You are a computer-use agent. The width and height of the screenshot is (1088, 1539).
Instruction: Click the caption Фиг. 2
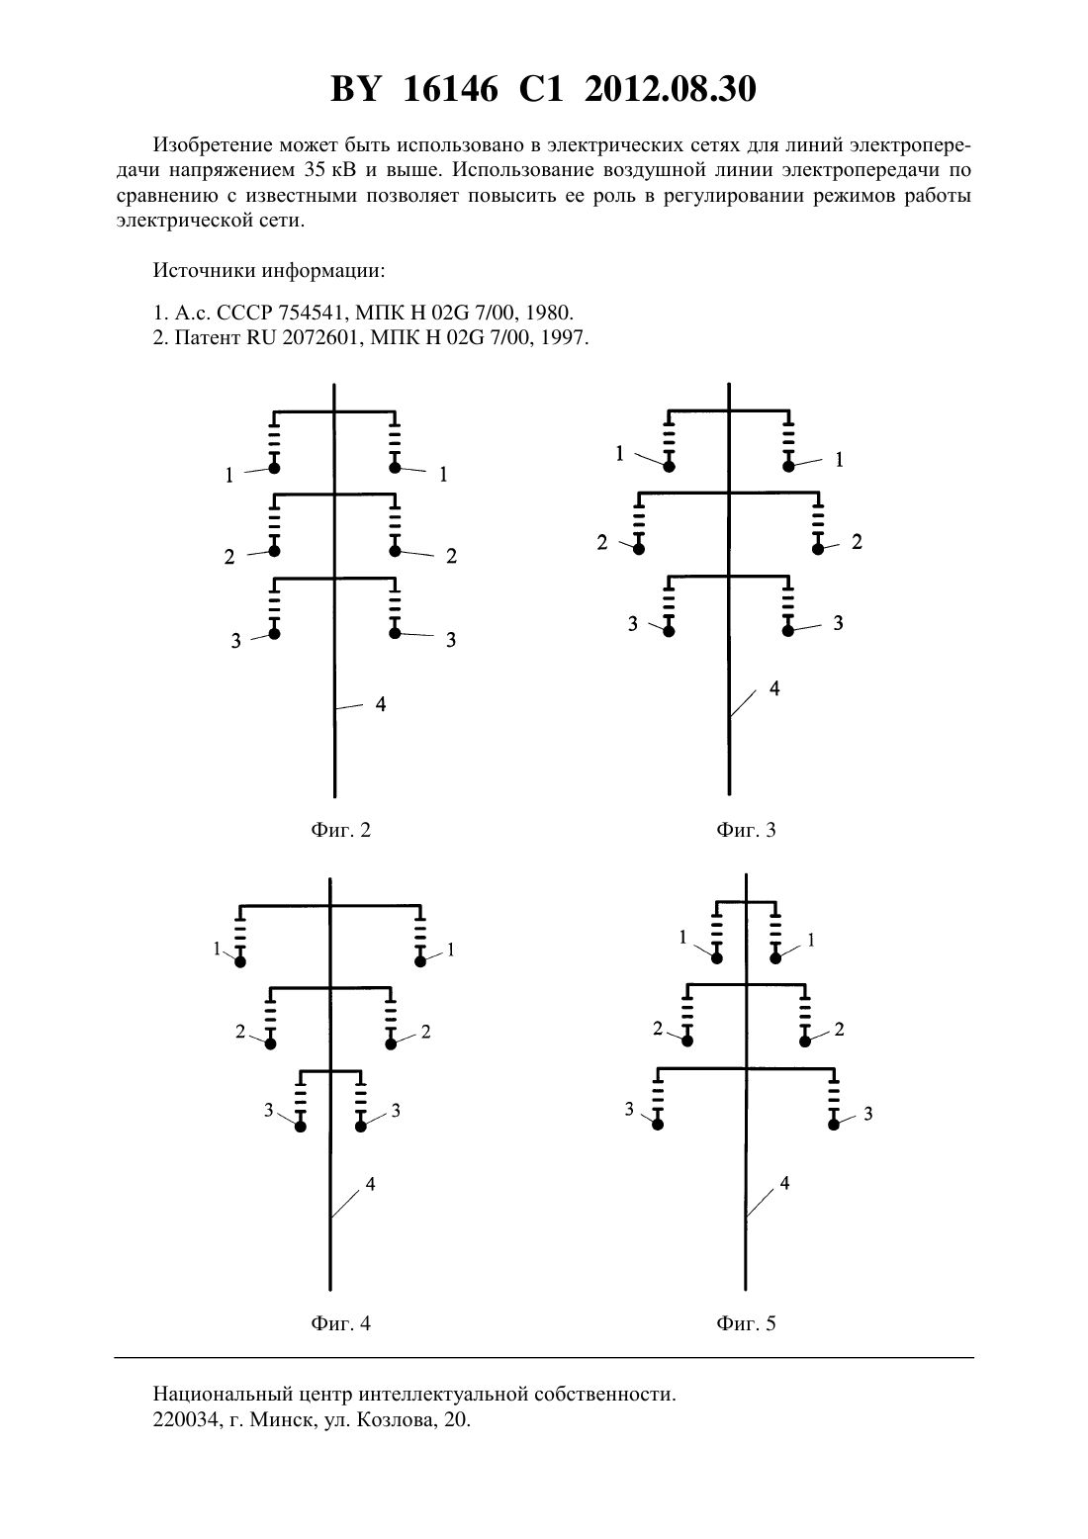coord(340,830)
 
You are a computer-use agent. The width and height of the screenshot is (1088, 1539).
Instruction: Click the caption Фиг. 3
coord(746,830)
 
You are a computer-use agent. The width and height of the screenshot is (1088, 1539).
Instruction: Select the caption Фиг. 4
coord(340,1323)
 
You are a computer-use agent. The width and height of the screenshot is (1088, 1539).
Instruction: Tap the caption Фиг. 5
coord(746,1323)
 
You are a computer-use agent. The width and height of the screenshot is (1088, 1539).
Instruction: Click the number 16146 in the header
coord(451,89)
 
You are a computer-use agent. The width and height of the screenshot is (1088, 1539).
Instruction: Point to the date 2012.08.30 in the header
coord(671,89)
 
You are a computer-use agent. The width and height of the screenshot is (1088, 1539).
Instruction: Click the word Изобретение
coord(213,145)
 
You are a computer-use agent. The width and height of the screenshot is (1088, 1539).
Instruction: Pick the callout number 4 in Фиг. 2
coord(381,703)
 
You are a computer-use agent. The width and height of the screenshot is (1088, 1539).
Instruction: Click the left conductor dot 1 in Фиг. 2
coord(274,469)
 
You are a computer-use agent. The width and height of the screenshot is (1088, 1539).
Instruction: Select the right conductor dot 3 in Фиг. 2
coord(395,633)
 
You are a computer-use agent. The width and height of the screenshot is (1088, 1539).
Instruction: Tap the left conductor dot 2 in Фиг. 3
coord(639,549)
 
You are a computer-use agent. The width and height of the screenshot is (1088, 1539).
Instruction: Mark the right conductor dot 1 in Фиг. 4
coord(420,961)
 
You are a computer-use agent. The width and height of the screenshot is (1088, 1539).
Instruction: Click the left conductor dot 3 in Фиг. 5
coord(658,1125)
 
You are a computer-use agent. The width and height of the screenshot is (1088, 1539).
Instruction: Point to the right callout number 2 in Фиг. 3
coord(857,542)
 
